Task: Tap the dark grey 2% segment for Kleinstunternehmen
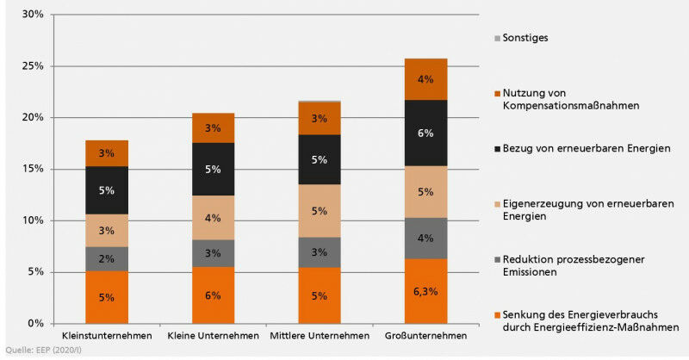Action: [x=107, y=259]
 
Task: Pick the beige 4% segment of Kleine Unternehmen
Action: [x=213, y=219]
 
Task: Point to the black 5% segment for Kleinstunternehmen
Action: [x=107, y=190]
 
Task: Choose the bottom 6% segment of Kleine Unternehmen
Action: [x=213, y=295]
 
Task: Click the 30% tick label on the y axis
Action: [x=33, y=15]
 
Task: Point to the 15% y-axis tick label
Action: [x=33, y=169]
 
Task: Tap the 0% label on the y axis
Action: [x=35, y=323]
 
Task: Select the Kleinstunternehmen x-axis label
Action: [x=107, y=335]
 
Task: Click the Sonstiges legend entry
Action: [x=526, y=38]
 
